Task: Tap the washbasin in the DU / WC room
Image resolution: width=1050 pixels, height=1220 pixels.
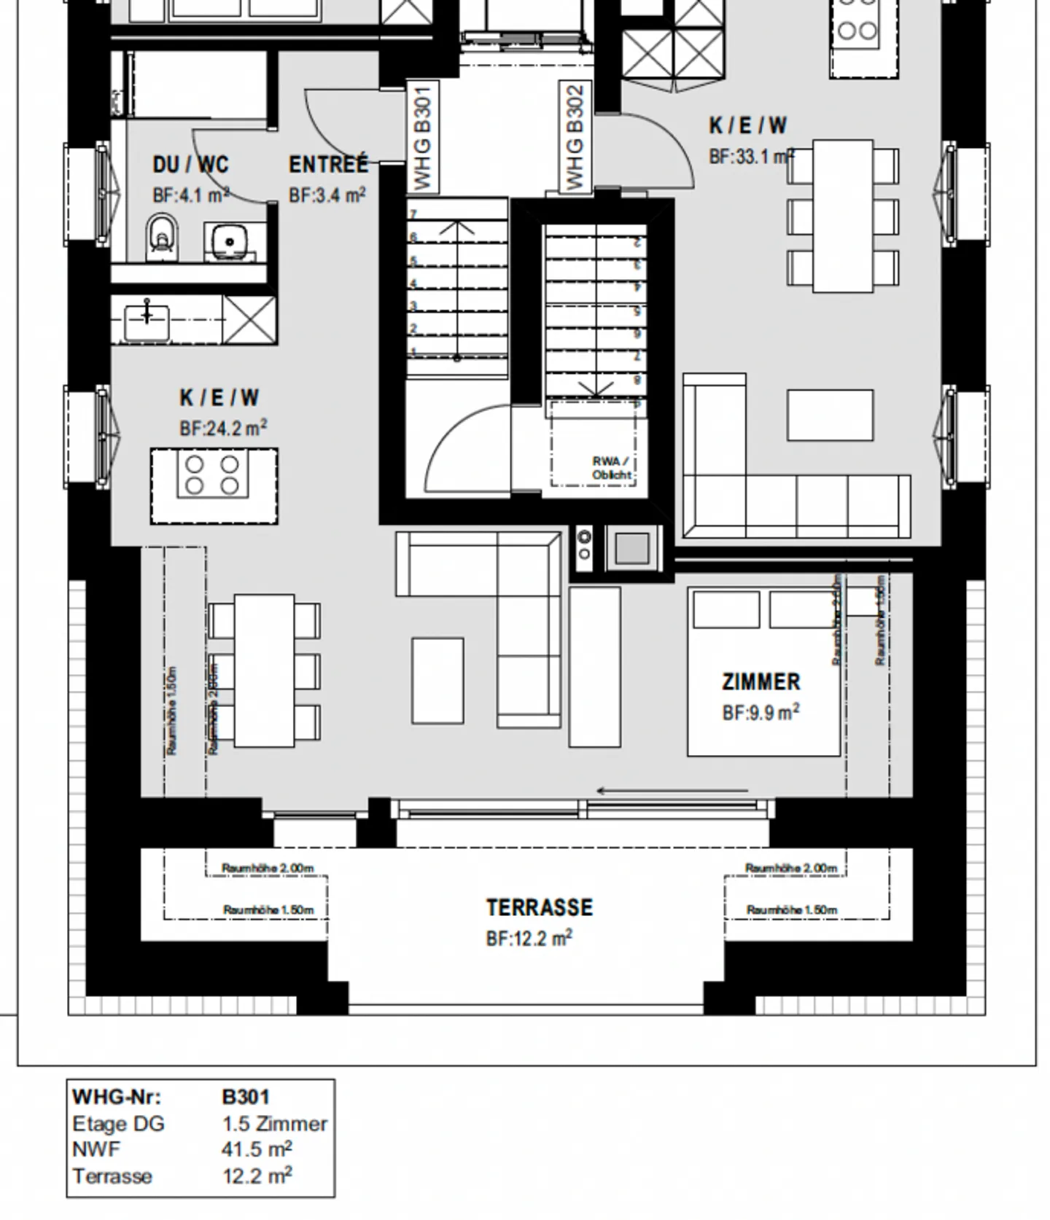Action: [x=230, y=240]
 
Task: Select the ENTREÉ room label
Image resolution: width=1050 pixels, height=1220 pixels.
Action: [x=328, y=165]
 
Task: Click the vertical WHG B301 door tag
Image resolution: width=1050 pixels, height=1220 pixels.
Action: [x=423, y=136]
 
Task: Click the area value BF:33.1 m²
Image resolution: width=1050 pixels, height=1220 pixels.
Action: [x=751, y=157]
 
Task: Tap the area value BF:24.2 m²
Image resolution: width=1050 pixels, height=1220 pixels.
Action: [x=222, y=428]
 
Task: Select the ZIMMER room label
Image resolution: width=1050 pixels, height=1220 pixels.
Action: [x=761, y=681]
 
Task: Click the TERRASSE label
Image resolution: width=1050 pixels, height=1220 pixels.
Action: [x=540, y=907]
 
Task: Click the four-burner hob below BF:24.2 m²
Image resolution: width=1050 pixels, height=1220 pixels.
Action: [x=213, y=475]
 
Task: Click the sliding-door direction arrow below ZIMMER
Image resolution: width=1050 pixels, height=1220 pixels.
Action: [x=672, y=791]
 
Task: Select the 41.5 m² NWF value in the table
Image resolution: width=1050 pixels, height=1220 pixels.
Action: [x=257, y=1149]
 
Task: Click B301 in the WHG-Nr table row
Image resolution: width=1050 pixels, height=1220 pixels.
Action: [x=246, y=1097]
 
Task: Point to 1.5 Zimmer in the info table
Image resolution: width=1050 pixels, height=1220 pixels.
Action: [x=275, y=1123]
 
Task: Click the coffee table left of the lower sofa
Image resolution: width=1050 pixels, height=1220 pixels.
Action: [x=437, y=680]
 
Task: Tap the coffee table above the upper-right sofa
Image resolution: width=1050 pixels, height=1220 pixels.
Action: [x=830, y=415]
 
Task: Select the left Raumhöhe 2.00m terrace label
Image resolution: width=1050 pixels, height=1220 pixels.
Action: [x=268, y=868]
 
